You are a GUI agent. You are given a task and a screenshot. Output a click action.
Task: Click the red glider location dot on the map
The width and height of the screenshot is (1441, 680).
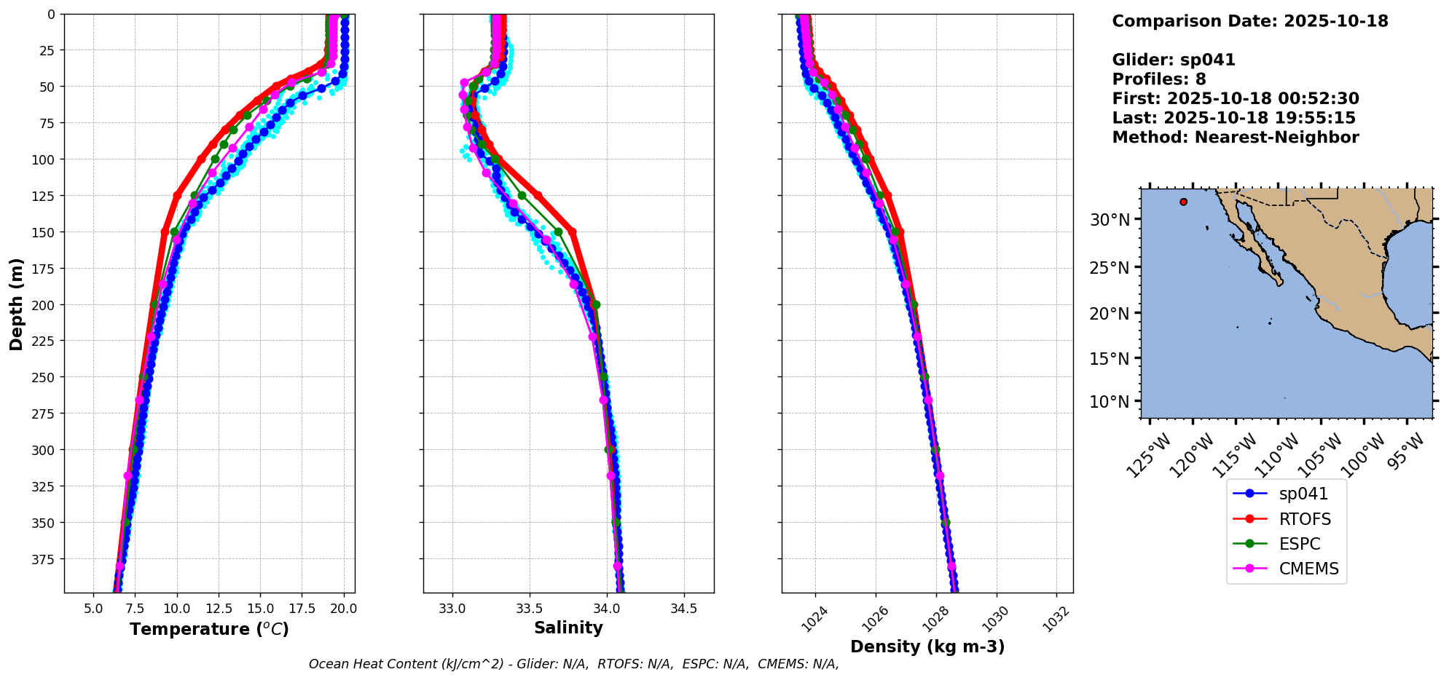pyautogui.click(x=1183, y=202)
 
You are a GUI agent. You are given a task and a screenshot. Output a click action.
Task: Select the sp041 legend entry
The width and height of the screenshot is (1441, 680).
pyautogui.click(x=1303, y=494)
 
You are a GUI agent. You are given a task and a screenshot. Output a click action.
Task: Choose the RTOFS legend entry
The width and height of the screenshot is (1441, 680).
pyautogui.click(x=1304, y=519)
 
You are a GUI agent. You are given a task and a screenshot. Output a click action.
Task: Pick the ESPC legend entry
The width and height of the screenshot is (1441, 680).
pyautogui.click(x=1299, y=544)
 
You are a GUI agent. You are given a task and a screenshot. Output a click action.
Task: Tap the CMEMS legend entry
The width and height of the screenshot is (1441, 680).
pyautogui.click(x=1308, y=569)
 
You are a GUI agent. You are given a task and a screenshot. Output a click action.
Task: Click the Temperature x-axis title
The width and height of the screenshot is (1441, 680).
pyautogui.click(x=209, y=629)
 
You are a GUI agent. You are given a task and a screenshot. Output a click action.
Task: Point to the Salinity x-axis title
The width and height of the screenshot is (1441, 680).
pyautogui.click(x=568, y=628)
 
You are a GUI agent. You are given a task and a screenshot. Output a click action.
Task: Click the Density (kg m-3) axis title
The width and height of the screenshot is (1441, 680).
pyautogui.click(x=927, y=647)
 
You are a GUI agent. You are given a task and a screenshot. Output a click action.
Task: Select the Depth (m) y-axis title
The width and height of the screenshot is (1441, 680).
pyautogui.click(x=16, y=304)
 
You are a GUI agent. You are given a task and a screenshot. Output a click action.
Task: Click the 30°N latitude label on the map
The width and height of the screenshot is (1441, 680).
pyautogui.click(x=1109, y=220)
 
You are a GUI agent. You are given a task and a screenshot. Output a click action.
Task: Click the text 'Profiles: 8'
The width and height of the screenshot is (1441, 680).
pyautogui.click(x=1158, y=79)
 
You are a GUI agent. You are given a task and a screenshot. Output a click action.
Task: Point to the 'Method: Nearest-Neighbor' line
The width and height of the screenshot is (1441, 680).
pyautogui.click(x=1235, y=138)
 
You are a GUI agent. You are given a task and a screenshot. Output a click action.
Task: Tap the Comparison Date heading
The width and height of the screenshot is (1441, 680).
pyautogui.click(x=1249, y=21)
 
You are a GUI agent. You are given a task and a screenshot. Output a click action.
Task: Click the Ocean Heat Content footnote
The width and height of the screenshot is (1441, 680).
pyautogui.click(x=573, y=664)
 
